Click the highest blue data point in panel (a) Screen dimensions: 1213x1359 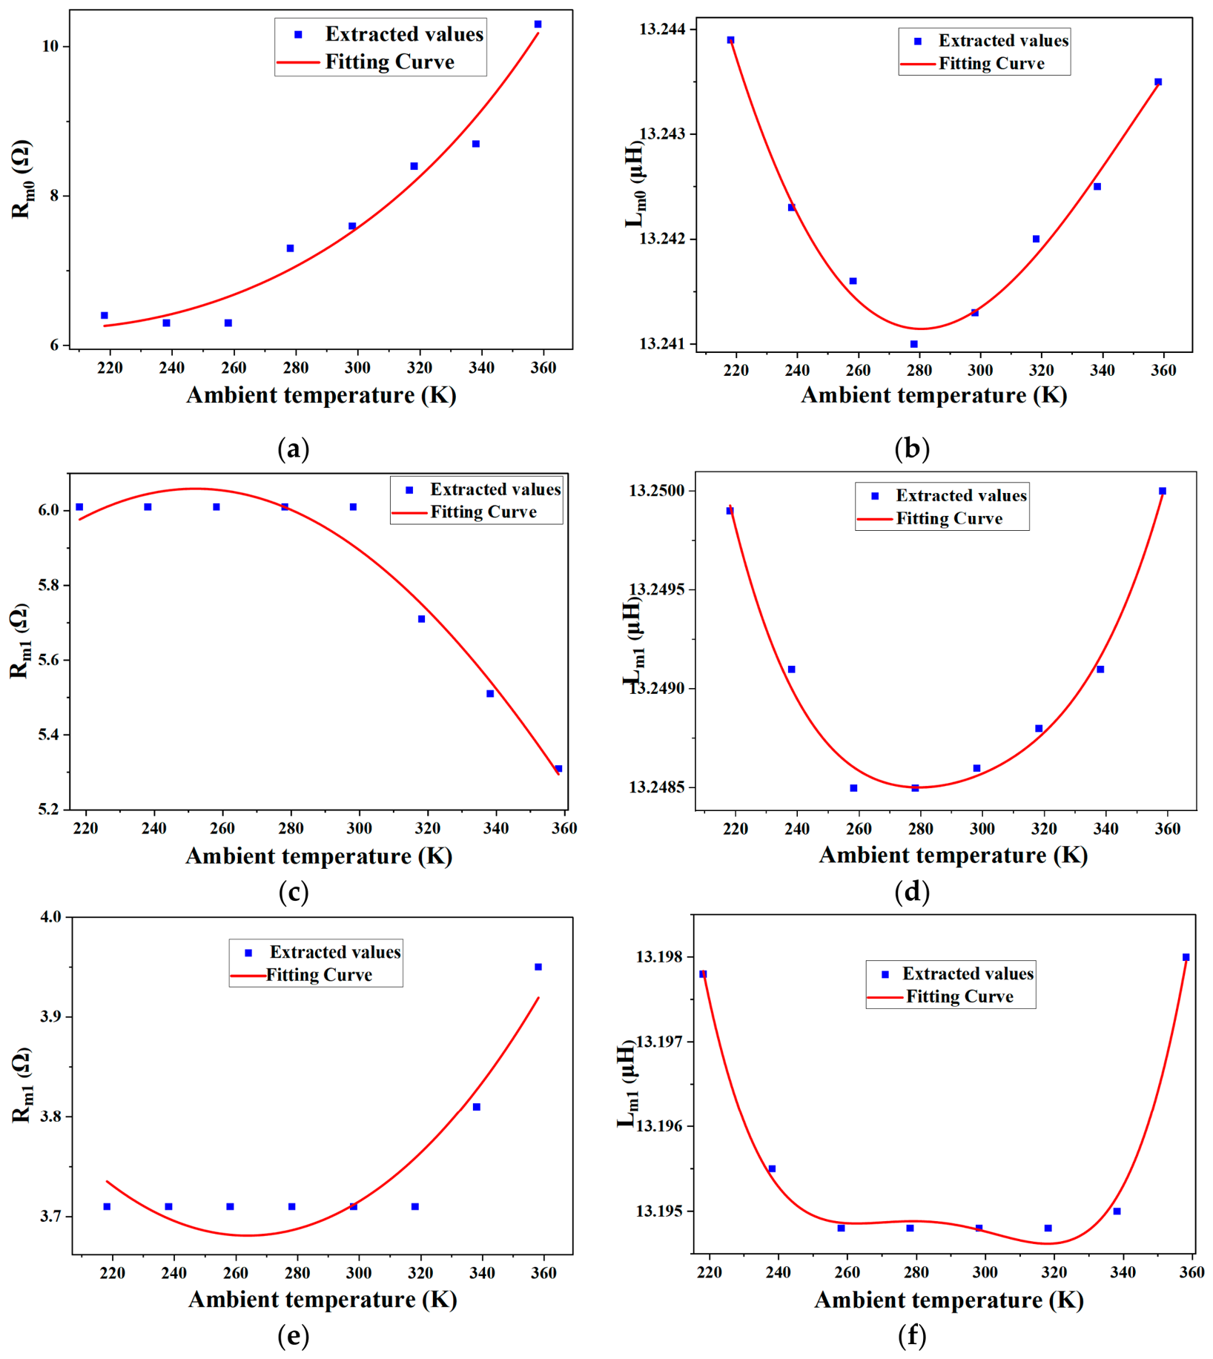pyautogui.click(x=538, y=24)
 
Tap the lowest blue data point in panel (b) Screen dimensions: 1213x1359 pyautogui.click(x=914, y=344)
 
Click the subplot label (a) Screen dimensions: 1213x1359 pyautogui.click(x=293, y=449)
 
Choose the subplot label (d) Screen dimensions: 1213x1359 pyautogui.click(x=912, y=891)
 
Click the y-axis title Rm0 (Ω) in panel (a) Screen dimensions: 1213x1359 pyautogui.click(x=22, y=179)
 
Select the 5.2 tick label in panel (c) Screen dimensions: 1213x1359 pyautogui.click(x=50, y=809)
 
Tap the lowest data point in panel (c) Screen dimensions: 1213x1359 pyautogui.click(x=559, y=769)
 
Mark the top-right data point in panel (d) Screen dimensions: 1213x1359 pyautogui.click(x=1163, y=491)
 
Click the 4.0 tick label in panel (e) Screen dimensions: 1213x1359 pyautogui.click(x=50, y=916)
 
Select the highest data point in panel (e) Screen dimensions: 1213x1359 pyautogui.click(x=538, y=967)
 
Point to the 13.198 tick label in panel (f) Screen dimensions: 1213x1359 pyautogui.click(x=659, y=957)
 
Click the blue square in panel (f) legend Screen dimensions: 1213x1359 pyautogui.click(x=885, y=974)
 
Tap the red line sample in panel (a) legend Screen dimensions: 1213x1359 pyautogui.click(x=298, y=63)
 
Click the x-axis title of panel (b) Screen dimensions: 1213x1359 pyautogui.click(x=934, y=395)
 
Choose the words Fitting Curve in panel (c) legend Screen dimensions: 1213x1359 pyautogui.click(x=483, y=512)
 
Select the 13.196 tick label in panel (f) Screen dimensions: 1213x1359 pyautogui.click(x=659, y=1125)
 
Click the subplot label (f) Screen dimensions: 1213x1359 pyautogui.click(x=912, y=1336)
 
